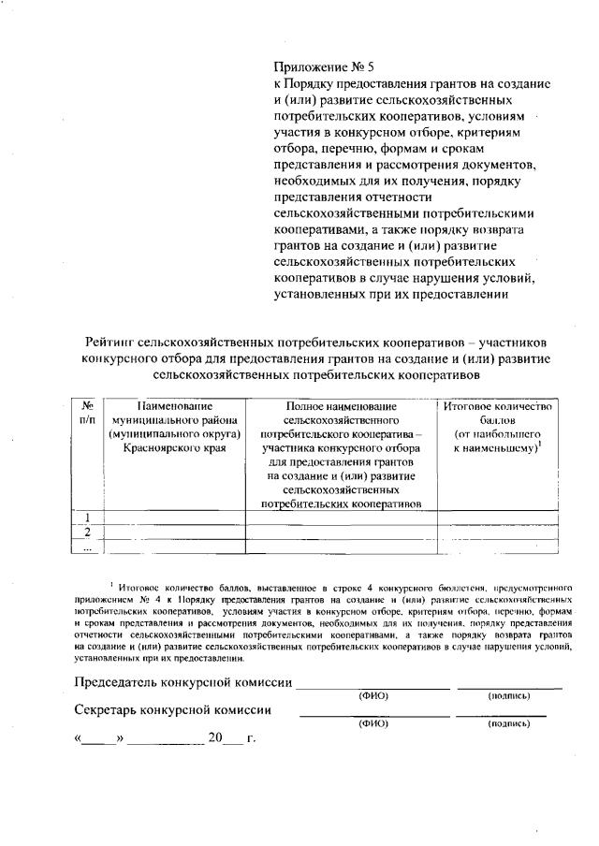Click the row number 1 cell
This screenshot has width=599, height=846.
click(x=87, y=518)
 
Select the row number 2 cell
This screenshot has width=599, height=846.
click(x=87, y=532)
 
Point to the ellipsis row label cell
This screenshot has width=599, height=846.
click(x=87, y=548)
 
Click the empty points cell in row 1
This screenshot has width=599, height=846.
click(x=497, y=518)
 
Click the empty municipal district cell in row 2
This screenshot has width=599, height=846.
click(x=174, y=532)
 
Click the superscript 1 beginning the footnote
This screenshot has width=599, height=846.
click(x=110, y=582)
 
